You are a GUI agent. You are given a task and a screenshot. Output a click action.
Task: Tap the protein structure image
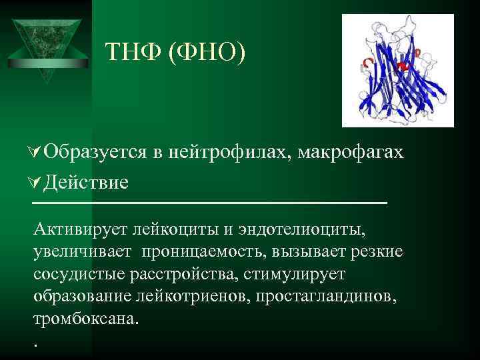click(397, 71)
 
